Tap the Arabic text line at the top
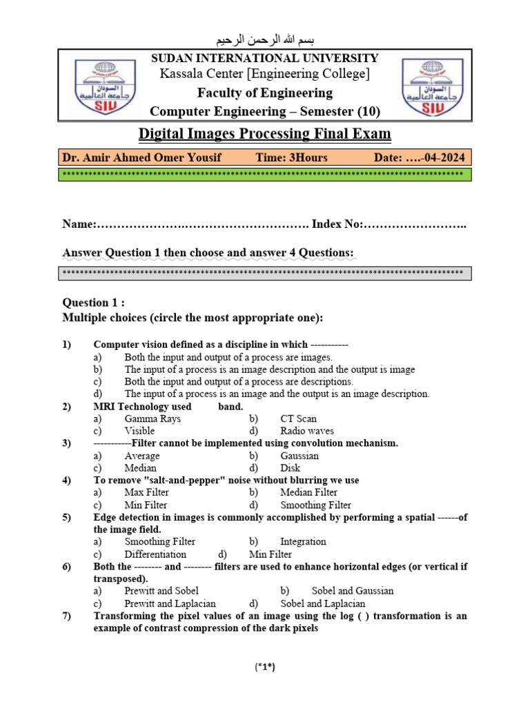coord(265,38)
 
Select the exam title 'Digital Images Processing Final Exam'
coord(265,133)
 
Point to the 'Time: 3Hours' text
coord(291,157)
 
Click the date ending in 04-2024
coord(419,157)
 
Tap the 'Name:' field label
coord(77,224)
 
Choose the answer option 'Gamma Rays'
coord(153,419)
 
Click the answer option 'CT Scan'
coord(298,419)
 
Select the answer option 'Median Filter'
coord(308,493)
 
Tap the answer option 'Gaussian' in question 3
coord(300,456)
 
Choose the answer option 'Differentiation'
coord(155,554)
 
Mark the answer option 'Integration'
coord(303,542)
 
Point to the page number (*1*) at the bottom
coord(265,667)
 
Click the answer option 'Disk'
coord(291,468)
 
